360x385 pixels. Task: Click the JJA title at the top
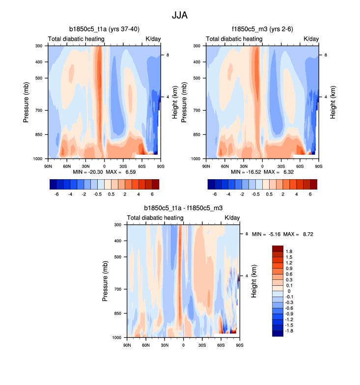tap(180, 15)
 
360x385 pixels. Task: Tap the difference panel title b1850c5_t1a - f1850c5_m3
tap(183, 209)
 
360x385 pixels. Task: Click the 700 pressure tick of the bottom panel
tap(117, 289)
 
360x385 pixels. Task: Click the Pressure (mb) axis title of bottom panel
tap(105, 281)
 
